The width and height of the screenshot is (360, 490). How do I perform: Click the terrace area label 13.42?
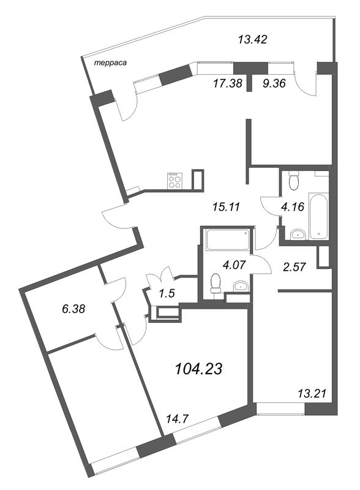click(252, 40)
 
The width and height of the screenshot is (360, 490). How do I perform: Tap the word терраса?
click(111, 63)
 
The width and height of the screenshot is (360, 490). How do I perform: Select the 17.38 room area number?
click(228, 83)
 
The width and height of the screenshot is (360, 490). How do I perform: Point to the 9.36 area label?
click(274, 83)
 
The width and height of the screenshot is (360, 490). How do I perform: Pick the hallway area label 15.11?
click(226, 207)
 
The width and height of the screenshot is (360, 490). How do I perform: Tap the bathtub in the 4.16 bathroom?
click(318, 216)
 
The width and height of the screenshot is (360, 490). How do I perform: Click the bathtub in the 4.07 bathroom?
click(228, 239)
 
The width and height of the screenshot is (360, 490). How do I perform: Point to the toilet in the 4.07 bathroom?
click(216, 282)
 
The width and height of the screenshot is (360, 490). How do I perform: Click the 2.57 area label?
click(294, 267)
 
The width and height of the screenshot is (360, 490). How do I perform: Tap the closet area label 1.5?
click(167, 294)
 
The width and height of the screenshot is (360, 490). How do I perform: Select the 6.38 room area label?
click(73, 309)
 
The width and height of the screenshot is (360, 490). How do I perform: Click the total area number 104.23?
click(199, 369)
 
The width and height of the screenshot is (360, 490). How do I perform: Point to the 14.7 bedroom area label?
click(177, 419)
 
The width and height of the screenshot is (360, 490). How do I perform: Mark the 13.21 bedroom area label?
click(312, 393)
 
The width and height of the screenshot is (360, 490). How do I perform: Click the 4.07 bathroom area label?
click(234, 265)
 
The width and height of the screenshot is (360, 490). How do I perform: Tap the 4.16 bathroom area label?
click(293, 206)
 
